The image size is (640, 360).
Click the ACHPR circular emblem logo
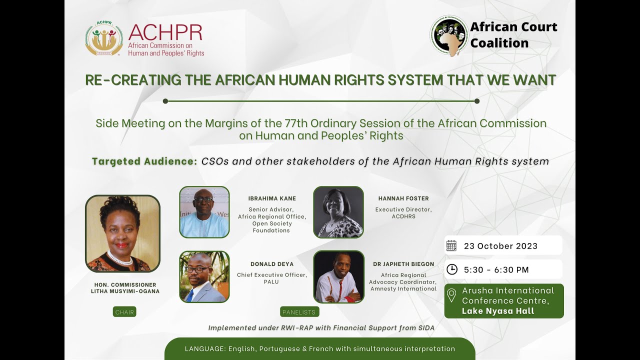104,38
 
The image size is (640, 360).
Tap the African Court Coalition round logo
449,35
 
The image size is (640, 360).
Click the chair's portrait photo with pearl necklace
122,233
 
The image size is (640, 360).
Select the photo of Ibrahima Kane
204,212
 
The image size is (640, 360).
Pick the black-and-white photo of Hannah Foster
338,212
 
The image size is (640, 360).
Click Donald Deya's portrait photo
204,276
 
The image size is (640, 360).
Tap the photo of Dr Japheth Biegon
339,276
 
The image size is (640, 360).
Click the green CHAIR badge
124,312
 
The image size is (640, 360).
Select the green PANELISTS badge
299,312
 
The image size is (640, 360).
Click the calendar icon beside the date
451,245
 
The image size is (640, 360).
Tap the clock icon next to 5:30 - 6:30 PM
451,269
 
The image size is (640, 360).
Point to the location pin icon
451,295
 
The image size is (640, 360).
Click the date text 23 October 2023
500,246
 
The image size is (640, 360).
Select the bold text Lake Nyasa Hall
498,311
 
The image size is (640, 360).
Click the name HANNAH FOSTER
403,198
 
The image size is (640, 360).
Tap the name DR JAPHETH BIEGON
403,264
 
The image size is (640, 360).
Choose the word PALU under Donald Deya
271,282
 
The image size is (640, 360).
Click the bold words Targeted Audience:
144,161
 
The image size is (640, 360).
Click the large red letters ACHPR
165,32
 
